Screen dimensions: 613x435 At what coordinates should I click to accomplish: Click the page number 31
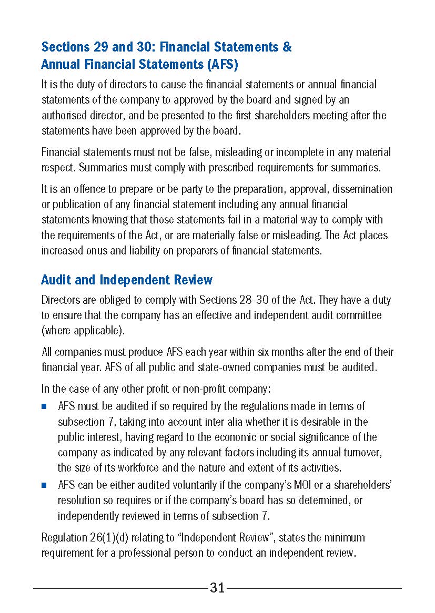point(217,588)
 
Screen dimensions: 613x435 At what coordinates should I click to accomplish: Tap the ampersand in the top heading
point(287,47)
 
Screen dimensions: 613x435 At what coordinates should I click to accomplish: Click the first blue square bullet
point(45,406)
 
